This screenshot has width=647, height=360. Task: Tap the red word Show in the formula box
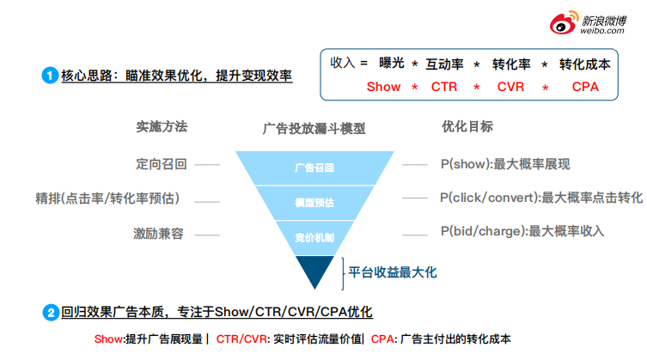pos(383,87)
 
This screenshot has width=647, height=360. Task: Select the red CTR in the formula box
pos(444,87)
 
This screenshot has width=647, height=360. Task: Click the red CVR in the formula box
pos(510,87)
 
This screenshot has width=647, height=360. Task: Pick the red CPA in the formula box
pos(585,87)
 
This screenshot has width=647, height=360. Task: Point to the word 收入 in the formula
pos(345,63)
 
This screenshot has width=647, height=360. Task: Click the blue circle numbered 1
pos(50,76)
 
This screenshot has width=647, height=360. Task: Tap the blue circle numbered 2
pos(50,313)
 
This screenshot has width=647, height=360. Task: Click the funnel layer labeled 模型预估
pos(314,204)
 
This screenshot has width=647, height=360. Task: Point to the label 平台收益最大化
pos(393,272)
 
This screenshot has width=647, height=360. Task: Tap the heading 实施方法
pos(162,126)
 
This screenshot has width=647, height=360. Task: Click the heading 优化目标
pos(467,126)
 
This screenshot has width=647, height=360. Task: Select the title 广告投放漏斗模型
pos(314,128)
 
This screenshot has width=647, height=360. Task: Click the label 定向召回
pos(162,163)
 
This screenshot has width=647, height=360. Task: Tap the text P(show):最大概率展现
pos(505,164)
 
